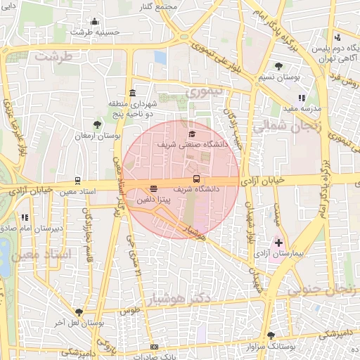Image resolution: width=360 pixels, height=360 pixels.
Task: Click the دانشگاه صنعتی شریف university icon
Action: (191, 134)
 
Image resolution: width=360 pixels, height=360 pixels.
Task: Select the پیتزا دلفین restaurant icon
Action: (153, 188)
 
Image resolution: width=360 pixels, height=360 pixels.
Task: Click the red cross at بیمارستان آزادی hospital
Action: (279, 243)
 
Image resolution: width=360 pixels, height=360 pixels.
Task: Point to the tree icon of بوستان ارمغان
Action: (97, 124)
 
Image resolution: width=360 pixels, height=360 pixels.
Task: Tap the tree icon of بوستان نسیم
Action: (279, 66)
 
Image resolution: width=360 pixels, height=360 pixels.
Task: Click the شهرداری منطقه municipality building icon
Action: (132, 94)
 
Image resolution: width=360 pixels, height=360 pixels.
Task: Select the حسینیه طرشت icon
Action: (94, 21)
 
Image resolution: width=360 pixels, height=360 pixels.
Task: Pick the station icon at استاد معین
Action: (77, 181)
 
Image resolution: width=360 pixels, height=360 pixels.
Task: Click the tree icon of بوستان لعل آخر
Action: (79, 313)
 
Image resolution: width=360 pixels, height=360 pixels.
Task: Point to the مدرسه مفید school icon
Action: (302, 98)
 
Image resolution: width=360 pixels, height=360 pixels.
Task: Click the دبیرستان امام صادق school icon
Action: (25, 217)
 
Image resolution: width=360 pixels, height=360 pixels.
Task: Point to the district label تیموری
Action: (202, 91)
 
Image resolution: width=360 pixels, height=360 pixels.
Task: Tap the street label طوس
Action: (127, 310)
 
